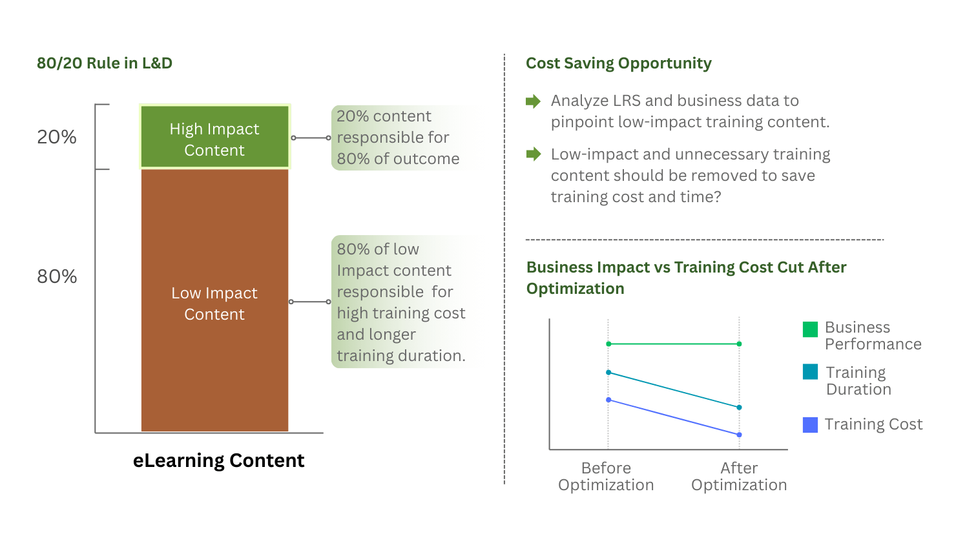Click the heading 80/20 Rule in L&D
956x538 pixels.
pos(105,63)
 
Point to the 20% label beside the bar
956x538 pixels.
pos(57,137)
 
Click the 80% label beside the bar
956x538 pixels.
pos(57,276)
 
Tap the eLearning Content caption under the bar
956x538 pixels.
pos(218,460)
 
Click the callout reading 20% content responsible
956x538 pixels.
pos(398,138)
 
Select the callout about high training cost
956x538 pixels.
pos(400,302)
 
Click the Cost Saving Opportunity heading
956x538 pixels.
pos(618,63)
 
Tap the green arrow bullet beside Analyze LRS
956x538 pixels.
pos(533,101)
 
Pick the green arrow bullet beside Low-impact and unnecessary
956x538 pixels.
pos(533,154)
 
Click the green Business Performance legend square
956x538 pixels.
pos(810,329)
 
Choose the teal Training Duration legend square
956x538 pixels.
pos(810,372)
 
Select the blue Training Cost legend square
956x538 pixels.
pos(810,424)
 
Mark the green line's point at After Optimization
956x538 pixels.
pos(739,344)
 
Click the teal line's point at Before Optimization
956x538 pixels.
pos(608,373)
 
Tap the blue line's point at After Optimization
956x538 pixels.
pos(739,435)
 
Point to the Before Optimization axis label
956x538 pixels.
pos(606,477)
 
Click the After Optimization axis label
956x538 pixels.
pos(739,477)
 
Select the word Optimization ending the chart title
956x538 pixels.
pos(575,289)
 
